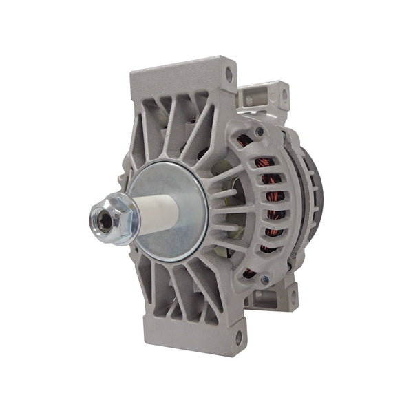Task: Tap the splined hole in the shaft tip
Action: point(96,222)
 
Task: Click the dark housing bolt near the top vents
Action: point(259,131)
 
